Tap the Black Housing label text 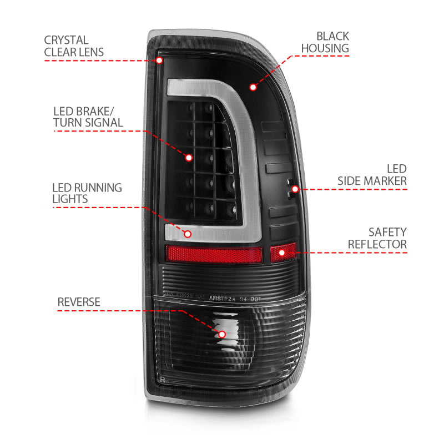click(325, 42)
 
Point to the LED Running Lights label click(87, 193)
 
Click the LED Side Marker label click(372, 174)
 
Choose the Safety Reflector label click(385, 238)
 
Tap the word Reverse click(79, 302)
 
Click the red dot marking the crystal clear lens click(160, 60)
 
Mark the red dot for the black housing click(253, 87)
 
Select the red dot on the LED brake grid click(189, 158)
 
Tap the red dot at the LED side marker click(295, 189)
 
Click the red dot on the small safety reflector click(282, 253)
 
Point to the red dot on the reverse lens click(222, 334)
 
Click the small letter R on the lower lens click(163, 379)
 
